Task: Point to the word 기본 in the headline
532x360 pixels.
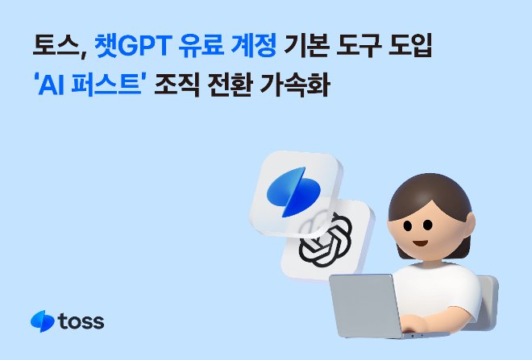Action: (309, 43)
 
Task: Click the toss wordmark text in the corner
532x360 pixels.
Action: (81, 321)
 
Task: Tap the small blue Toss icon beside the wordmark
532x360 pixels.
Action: (42, 321)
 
